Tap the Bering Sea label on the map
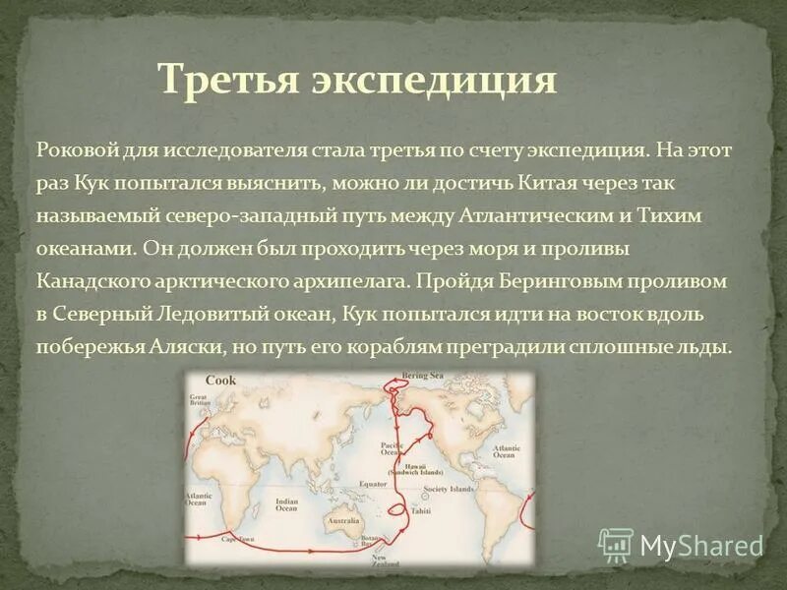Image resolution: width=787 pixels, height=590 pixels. [423, 377]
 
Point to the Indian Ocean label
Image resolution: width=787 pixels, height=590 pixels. [286, 504]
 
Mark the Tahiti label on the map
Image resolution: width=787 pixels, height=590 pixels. [421, 511]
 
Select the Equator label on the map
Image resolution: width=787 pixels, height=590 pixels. [373, 485]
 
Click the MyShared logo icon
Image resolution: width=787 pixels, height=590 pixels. [616, 545]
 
